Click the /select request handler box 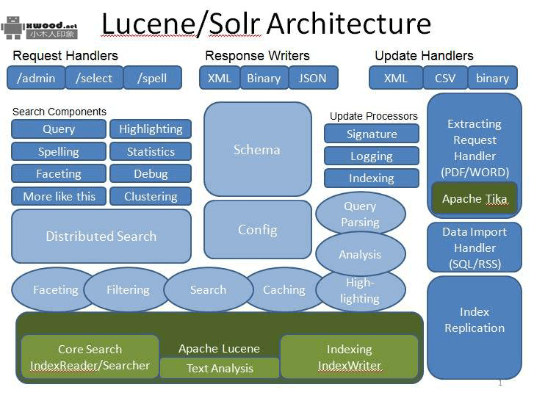pos(94,78)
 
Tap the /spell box pos(152,78)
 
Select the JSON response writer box pos(312,78)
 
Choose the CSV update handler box pos(445,78)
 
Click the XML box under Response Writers pos(219,78)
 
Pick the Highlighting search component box pos(151,129)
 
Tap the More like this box pos(59,196)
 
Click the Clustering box pos(151,196)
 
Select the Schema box pos(257,149)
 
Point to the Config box pos(257,229)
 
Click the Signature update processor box pos(372,134)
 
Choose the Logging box pos(372,156)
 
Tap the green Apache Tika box pos(475,198)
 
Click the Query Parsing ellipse pos(360,214)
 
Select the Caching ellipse pos(284,289)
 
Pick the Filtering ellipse pos(128,289)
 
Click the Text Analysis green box pos(220,368)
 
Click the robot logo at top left pos(12,26)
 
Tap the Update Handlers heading pos(424,56)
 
